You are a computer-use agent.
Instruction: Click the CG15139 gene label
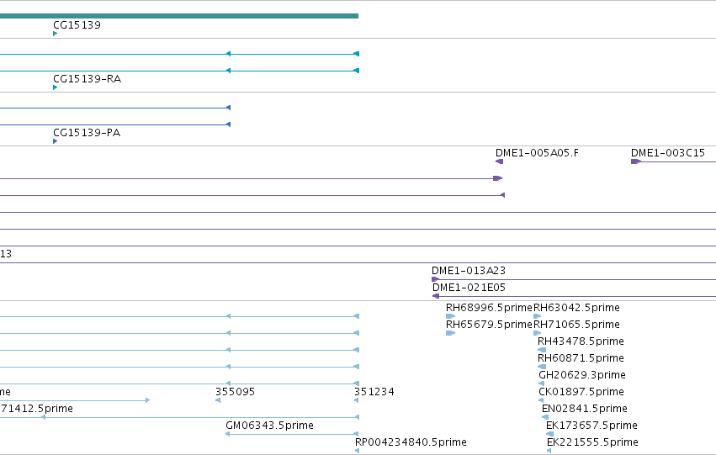tap(77, 25)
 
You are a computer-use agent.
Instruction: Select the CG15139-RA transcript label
tap(88, 79)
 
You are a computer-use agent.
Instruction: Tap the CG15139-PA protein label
tap(87, 133)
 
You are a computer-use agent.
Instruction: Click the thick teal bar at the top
tap(179, 16)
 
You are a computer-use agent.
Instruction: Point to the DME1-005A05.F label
tap(537, 153)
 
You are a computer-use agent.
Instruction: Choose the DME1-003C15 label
tap(668, 153)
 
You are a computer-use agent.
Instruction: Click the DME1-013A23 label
tap(469, 271)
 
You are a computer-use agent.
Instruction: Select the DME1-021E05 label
tap(469, 288)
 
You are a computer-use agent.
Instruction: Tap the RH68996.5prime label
tap(489, 308)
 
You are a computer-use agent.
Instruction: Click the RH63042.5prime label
tap(576, 308)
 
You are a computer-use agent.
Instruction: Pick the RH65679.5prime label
tap(489, 325)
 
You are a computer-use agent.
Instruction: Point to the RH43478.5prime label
tap(581, 341)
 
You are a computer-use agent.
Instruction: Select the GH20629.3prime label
tap(582, 375)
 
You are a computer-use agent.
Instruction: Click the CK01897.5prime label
tap(581, 392)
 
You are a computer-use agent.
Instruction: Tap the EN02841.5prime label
tap(585, 409)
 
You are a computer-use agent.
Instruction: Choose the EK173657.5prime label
tap(591, 426)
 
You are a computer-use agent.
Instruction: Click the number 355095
tap(236, 392)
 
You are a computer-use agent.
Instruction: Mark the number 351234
tap(374, 392)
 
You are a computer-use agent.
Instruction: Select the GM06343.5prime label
tap(270, 426)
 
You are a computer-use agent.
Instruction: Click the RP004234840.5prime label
tap(411, 442)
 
